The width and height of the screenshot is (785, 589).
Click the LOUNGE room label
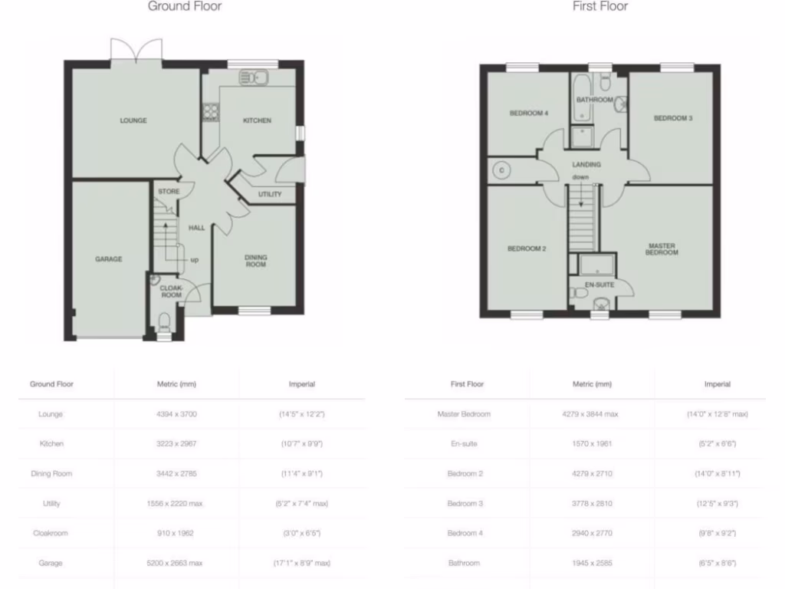click(133, 120)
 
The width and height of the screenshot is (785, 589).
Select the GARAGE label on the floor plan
click(108, 259)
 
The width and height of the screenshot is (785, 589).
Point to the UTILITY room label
click(270, 194)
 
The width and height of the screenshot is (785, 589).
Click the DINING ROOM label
click(255, 261)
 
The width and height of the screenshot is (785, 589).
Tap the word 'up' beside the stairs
click(195, 260)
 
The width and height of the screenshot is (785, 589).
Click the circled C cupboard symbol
click(501, 169)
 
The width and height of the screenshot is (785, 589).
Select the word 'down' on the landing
click(580, 178)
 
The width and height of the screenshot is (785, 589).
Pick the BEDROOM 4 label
click(529, 114)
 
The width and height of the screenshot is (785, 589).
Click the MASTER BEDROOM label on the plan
click(661, 249)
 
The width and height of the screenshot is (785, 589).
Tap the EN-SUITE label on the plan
click(599, 285)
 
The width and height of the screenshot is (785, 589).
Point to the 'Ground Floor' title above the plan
click(184, 7)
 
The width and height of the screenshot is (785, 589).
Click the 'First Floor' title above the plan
click(599, 7)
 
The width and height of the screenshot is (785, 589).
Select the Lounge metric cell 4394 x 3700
click(176, 414)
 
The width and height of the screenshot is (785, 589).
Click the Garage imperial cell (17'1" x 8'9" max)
click(301, 563)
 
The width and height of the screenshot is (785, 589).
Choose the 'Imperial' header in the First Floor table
click(717, 384)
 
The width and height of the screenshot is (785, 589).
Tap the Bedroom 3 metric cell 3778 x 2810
click(591, 504)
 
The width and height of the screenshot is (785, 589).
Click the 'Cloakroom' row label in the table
click(51, 534)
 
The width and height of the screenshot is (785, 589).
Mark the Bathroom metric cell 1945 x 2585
click(591, 563)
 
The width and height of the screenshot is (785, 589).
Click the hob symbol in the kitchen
click(209, 113)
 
